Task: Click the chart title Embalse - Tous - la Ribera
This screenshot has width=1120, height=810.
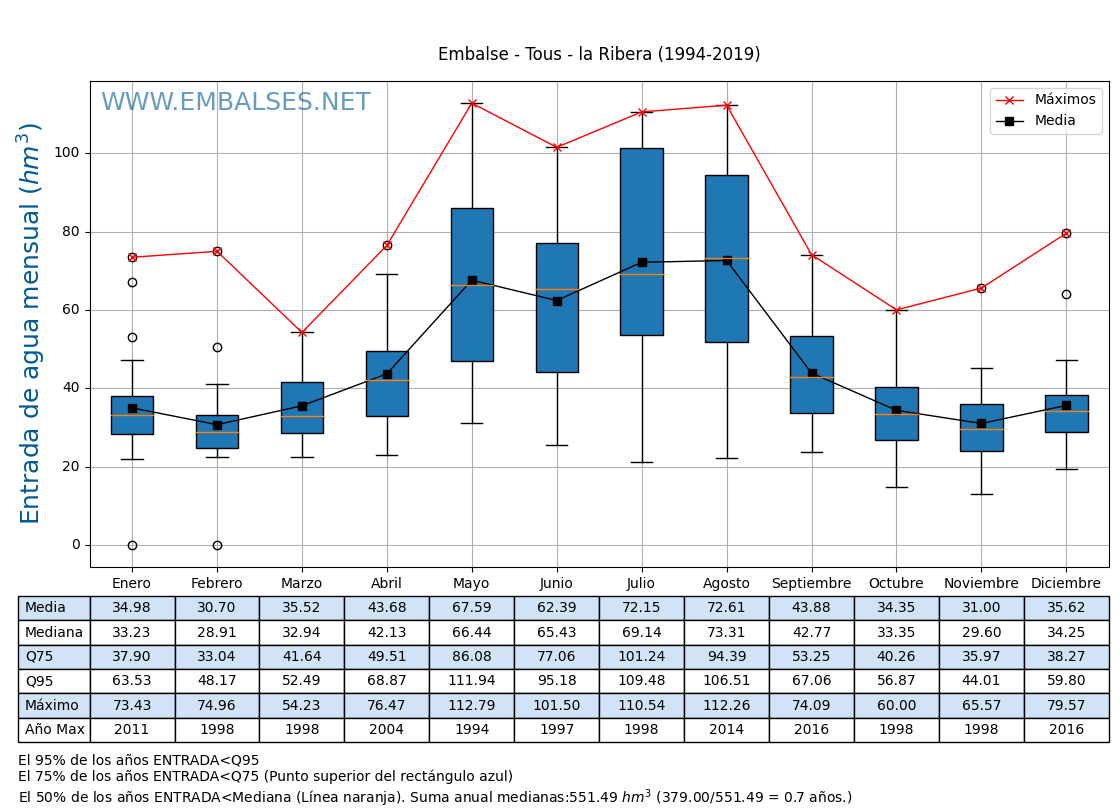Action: coord(598,54)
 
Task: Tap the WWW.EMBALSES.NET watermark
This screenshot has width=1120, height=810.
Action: coord(235,103)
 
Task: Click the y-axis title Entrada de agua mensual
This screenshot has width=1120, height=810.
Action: coord(31,323)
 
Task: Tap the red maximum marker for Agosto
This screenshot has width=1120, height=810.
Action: coord(727,105)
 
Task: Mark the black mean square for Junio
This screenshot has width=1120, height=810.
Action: coord(557,301)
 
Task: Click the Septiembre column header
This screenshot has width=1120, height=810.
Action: coord(811,583)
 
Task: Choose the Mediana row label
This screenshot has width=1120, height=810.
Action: coord(54,632)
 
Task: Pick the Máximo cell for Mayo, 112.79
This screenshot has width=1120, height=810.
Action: coord(471,705)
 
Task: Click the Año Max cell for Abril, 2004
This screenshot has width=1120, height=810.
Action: coord(386,730)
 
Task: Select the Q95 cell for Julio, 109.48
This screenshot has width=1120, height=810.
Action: coord(641,681)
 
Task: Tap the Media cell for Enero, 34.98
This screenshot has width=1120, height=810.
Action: coord(132,608)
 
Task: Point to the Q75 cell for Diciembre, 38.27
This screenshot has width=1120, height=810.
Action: coord(1066,657)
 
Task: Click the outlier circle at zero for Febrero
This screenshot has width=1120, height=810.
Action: coord(217,545)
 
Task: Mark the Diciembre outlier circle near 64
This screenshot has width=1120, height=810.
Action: coord(1066,294)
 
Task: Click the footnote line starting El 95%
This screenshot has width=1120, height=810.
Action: coord(139,760)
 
